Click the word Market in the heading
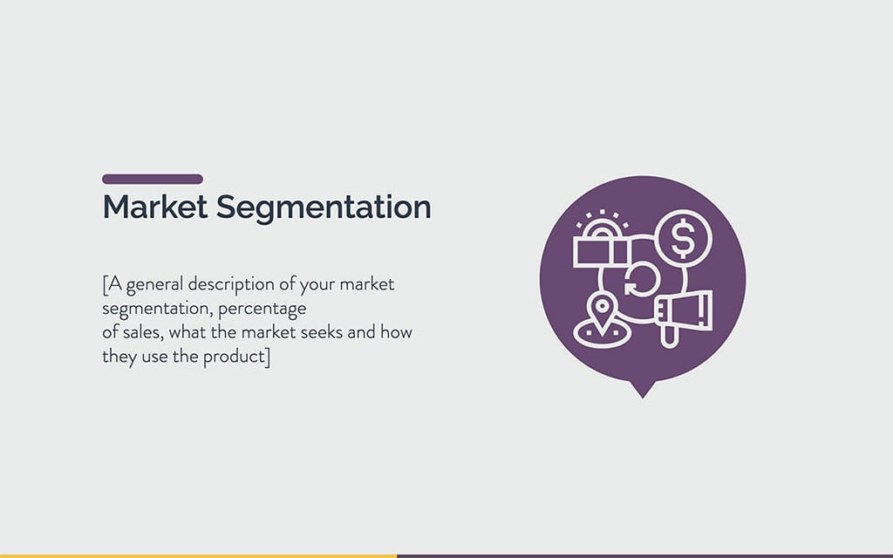point(153,208)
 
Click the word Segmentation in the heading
point(324,208)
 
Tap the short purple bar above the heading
point(153,179)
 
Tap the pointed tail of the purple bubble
point(643,390)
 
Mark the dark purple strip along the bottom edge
point(644,555)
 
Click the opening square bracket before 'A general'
point(105,285)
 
